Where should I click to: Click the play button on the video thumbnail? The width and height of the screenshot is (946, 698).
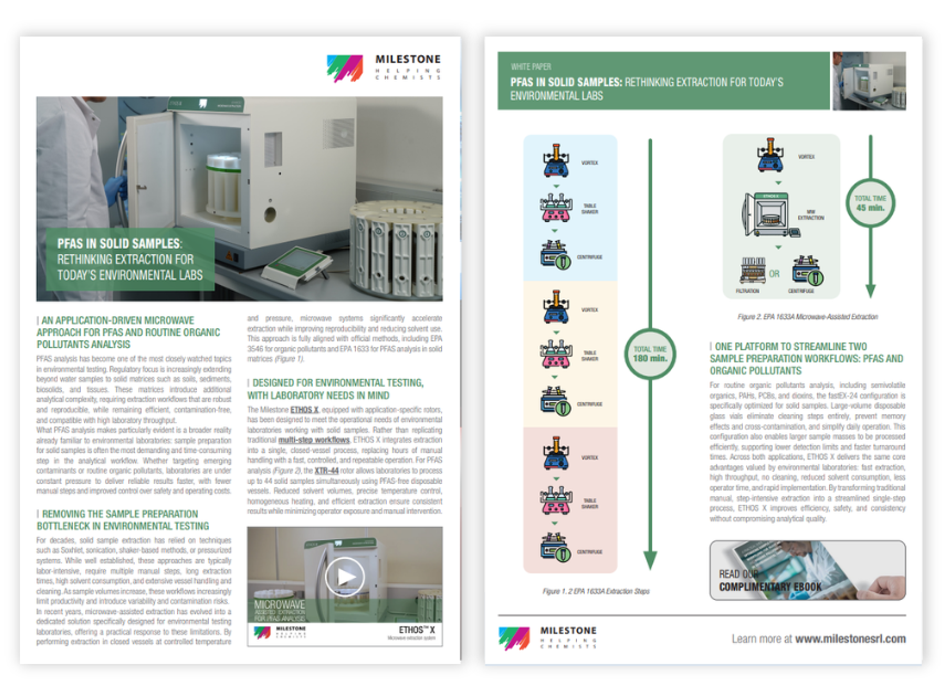344,576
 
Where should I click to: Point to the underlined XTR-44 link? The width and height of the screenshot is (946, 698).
326,470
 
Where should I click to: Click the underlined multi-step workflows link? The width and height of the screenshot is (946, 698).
314,440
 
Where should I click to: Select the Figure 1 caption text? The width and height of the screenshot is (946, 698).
596,591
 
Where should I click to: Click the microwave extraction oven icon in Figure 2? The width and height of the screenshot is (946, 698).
767,215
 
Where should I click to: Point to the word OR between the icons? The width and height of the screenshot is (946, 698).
774,274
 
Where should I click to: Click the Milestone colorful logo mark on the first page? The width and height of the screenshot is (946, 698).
344,68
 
